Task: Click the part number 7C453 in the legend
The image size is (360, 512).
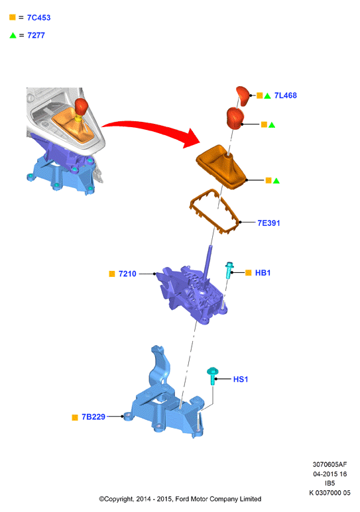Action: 38,18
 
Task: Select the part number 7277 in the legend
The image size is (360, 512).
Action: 36,35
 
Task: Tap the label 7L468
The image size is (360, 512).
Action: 286,95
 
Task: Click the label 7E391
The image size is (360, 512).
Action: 269,223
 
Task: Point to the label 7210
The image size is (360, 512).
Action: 127,274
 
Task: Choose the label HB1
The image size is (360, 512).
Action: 263,273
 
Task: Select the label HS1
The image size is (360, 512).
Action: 241,379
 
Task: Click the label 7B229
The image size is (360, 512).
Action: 93,417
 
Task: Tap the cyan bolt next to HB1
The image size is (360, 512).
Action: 229,270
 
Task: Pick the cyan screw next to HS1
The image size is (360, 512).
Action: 213,376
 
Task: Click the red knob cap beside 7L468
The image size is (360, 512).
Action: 243,96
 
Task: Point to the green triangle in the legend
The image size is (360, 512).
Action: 13,35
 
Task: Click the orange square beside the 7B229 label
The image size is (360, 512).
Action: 75,417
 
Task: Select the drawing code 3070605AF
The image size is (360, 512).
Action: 330,464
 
